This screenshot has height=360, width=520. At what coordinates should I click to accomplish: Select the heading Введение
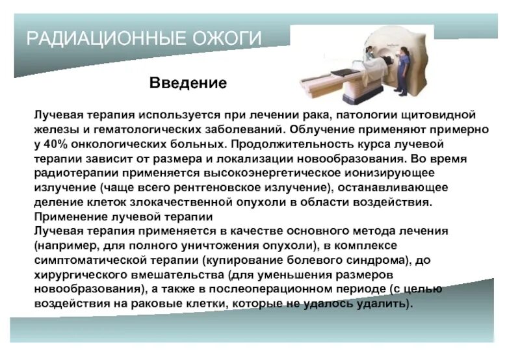coord(188,83)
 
